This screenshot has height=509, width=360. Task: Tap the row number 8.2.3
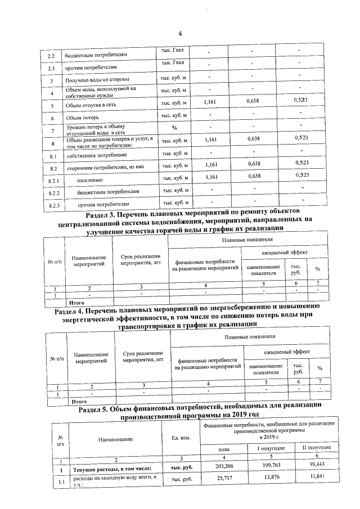click(55, 205)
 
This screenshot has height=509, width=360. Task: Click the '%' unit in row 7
click(174, 129)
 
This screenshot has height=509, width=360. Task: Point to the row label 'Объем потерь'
click(83, 118)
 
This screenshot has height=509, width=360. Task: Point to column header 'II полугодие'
click(316, 448)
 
